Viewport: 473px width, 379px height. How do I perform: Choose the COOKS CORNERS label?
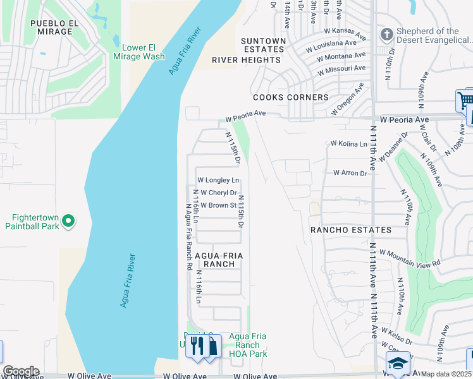pos(290,97)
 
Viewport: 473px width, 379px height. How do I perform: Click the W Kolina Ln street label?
pos(348,144)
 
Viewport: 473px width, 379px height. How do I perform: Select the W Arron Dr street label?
pos(350,172)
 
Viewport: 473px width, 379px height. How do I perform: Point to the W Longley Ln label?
pos(218,181)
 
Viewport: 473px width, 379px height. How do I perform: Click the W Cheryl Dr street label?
pos(217,193)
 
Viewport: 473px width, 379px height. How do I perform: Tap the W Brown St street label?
pos(218,205)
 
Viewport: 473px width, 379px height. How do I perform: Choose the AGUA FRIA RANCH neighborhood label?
pos(219,260)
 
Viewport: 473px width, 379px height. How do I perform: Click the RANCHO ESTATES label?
pos(350,231)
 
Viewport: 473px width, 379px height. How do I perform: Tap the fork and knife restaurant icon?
pos(197,346)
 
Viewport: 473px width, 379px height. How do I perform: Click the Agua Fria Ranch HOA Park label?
pos(244,345)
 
